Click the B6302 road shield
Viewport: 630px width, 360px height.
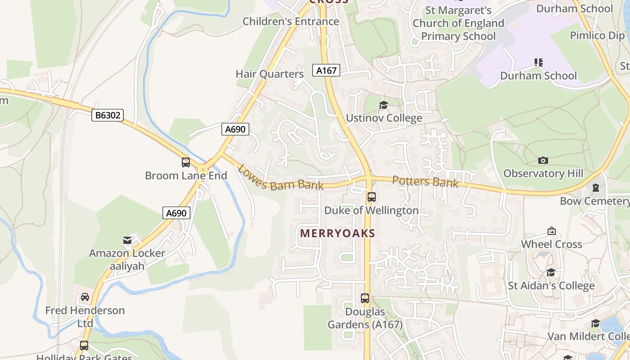tap(108, 115)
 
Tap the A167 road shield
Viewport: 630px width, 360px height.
tap(326, 70)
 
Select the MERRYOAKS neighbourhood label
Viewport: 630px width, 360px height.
tap(337, 233)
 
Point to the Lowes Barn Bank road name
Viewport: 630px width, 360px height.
tap(280, 178)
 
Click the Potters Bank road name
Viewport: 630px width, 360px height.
tap(425, 181)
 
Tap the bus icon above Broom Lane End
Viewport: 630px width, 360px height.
tap(186, 162)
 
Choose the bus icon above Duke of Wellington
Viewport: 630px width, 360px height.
tap(372, 197)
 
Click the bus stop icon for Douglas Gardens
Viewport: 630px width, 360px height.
tap(365, 298)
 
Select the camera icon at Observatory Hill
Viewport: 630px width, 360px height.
tap(543, 160)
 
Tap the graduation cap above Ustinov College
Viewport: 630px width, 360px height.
tap(383, 105)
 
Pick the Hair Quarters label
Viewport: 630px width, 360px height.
tap(270, 74)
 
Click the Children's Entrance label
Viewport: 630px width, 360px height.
tap(291, 21)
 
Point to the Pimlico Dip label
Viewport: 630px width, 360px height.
tap(598, 35)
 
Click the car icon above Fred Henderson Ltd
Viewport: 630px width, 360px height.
tap(85, 297)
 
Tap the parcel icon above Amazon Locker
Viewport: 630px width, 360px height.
tap(128, 240)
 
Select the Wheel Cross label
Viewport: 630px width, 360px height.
tap(551, 244)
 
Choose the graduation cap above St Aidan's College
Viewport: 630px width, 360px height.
tap(551, 273)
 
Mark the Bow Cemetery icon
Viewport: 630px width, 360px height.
tap(596, 188)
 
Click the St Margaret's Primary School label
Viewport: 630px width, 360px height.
tap(458, 23)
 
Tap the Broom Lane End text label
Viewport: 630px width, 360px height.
tap(186, 175)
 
